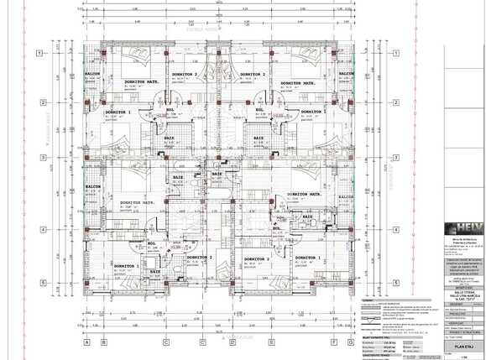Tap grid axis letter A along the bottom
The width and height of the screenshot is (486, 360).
coord(86,342)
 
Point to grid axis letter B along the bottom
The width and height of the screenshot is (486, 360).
coord(103,342)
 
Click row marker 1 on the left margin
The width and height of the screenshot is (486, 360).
coord(39,53)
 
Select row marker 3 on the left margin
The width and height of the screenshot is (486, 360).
coord(39,156)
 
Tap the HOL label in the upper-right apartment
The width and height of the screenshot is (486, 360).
coord(260,109)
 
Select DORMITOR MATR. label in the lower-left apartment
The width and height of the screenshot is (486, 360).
coord(136,202)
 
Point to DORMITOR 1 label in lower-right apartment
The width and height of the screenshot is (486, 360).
coord(307,258)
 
